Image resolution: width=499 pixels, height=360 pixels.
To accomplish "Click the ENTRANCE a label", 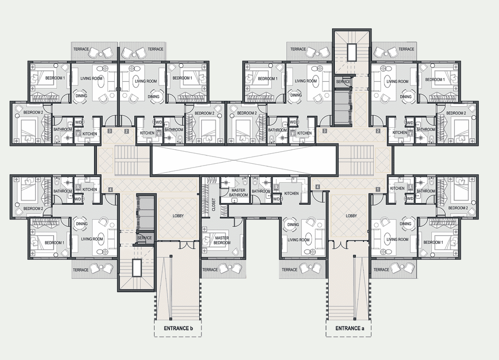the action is pos(349,328).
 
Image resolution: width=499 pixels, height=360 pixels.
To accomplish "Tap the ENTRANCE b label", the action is pos(178,328).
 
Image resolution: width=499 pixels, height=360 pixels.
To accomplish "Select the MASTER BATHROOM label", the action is pos(238,192).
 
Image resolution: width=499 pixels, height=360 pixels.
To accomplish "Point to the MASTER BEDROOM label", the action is pos(222,240).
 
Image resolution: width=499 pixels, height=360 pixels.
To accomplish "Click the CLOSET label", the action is pos(214,204).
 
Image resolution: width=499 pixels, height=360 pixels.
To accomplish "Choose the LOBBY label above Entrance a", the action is pos(351,216).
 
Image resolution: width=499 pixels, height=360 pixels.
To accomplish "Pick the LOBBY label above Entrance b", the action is pos(178,216).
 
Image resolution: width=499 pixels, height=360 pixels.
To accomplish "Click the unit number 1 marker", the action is pos(378,189).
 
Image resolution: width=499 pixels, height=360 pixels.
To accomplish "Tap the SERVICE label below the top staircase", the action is pos(343,82).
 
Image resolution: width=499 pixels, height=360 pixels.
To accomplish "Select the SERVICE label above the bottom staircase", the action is pos(144,238).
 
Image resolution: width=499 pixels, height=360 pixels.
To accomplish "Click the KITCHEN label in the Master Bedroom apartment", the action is pos(292,193).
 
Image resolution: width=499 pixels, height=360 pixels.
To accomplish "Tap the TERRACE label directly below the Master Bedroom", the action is pos(210,270).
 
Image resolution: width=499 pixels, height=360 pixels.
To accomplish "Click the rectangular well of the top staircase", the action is pos(352,52).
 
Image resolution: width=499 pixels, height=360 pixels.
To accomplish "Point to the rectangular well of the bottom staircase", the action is pos(137,268).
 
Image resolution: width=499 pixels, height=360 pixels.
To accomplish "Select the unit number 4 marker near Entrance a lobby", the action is pos(317,187).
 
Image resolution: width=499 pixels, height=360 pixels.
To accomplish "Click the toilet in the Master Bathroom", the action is pos(244,182).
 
